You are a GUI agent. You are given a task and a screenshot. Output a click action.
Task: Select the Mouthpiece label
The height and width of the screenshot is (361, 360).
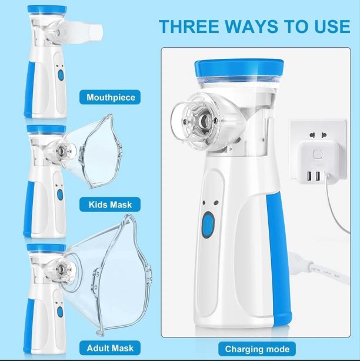click(x=111, y=98)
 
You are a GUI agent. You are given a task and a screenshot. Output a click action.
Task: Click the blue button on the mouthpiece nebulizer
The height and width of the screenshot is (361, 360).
click(x=59, y=75)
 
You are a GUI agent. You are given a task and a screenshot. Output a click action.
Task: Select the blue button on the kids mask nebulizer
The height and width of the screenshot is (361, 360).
click(x=59, y=196)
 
